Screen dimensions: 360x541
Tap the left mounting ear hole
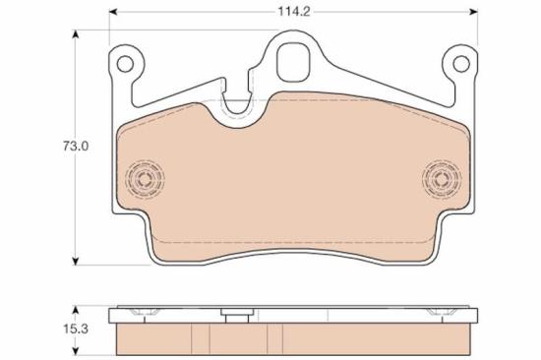click(x=125, y=64)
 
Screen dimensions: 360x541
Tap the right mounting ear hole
click(x=458, y=64)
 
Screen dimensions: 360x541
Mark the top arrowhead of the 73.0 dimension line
click(x=77, y=33)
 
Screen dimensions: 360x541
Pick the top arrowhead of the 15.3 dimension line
click(x=77, y=307)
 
